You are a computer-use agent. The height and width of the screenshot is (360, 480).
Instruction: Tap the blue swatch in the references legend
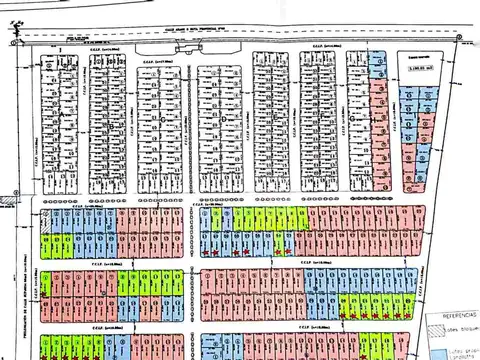tap(436, 349)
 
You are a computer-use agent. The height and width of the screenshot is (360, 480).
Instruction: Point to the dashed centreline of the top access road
tap(300, 37)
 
